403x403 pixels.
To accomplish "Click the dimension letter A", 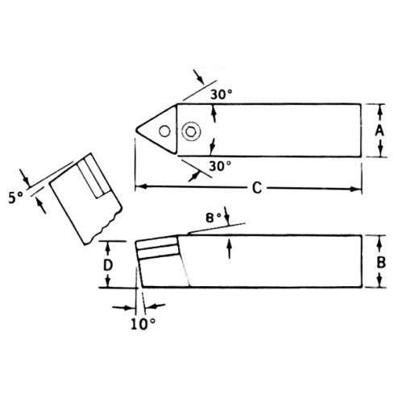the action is click(x=380, y=131).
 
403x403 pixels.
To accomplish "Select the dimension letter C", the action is click(x=257, y=188).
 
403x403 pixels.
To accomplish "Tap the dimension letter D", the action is click(x=108, y=266).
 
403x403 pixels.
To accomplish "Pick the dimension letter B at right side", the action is click(x=381, y=263).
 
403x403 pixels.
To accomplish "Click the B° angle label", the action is click(x=214, y=218).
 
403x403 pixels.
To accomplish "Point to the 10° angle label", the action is click(x=143, y=324).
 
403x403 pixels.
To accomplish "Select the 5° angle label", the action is click(x=15, y=198).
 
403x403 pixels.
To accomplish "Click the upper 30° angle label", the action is click(x=221, y=94).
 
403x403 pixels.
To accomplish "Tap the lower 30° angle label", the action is click(x=220, y=166).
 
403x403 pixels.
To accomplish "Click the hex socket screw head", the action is click(x=191, y=131).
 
